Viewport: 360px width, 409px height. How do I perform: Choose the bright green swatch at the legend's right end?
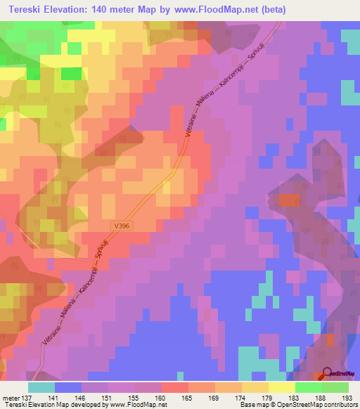pyautogui.click(x=335, y=387)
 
